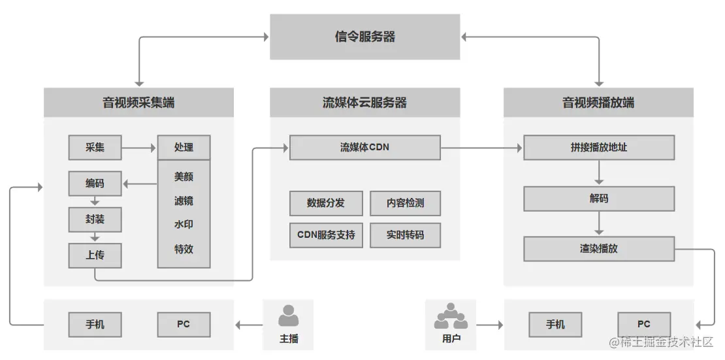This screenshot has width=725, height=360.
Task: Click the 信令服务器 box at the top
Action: coord(364,37)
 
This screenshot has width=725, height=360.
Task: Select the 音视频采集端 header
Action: coord(138,103)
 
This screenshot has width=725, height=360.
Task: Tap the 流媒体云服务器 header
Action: coord(364,103)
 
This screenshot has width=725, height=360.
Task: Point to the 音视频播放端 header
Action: coord(598,103)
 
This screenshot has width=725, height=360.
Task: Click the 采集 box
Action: coord(95,148)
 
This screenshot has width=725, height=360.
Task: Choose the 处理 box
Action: coord(184,148)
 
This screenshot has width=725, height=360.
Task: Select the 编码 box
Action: coord(95,184)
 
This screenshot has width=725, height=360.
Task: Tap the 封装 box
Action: coord(95,220)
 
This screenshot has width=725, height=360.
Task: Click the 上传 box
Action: coord(95,255)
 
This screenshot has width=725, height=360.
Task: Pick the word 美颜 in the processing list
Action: coord(184,176)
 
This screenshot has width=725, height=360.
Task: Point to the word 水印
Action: coord(184,225)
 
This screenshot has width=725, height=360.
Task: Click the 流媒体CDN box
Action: coord(364,148)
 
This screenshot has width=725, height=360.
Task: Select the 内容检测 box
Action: coord(405,203)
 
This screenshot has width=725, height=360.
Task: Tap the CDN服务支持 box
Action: coord(326,235)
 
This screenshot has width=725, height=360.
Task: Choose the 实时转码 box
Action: coord(405,235)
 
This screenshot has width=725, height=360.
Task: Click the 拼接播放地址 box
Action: coord(598,148)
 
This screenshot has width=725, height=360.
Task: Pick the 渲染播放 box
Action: coord(598,249)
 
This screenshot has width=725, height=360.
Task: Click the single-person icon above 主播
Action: coord(288,316)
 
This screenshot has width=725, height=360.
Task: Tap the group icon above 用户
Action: coord(451,316)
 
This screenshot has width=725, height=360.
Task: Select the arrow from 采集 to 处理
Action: coord(139,148)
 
